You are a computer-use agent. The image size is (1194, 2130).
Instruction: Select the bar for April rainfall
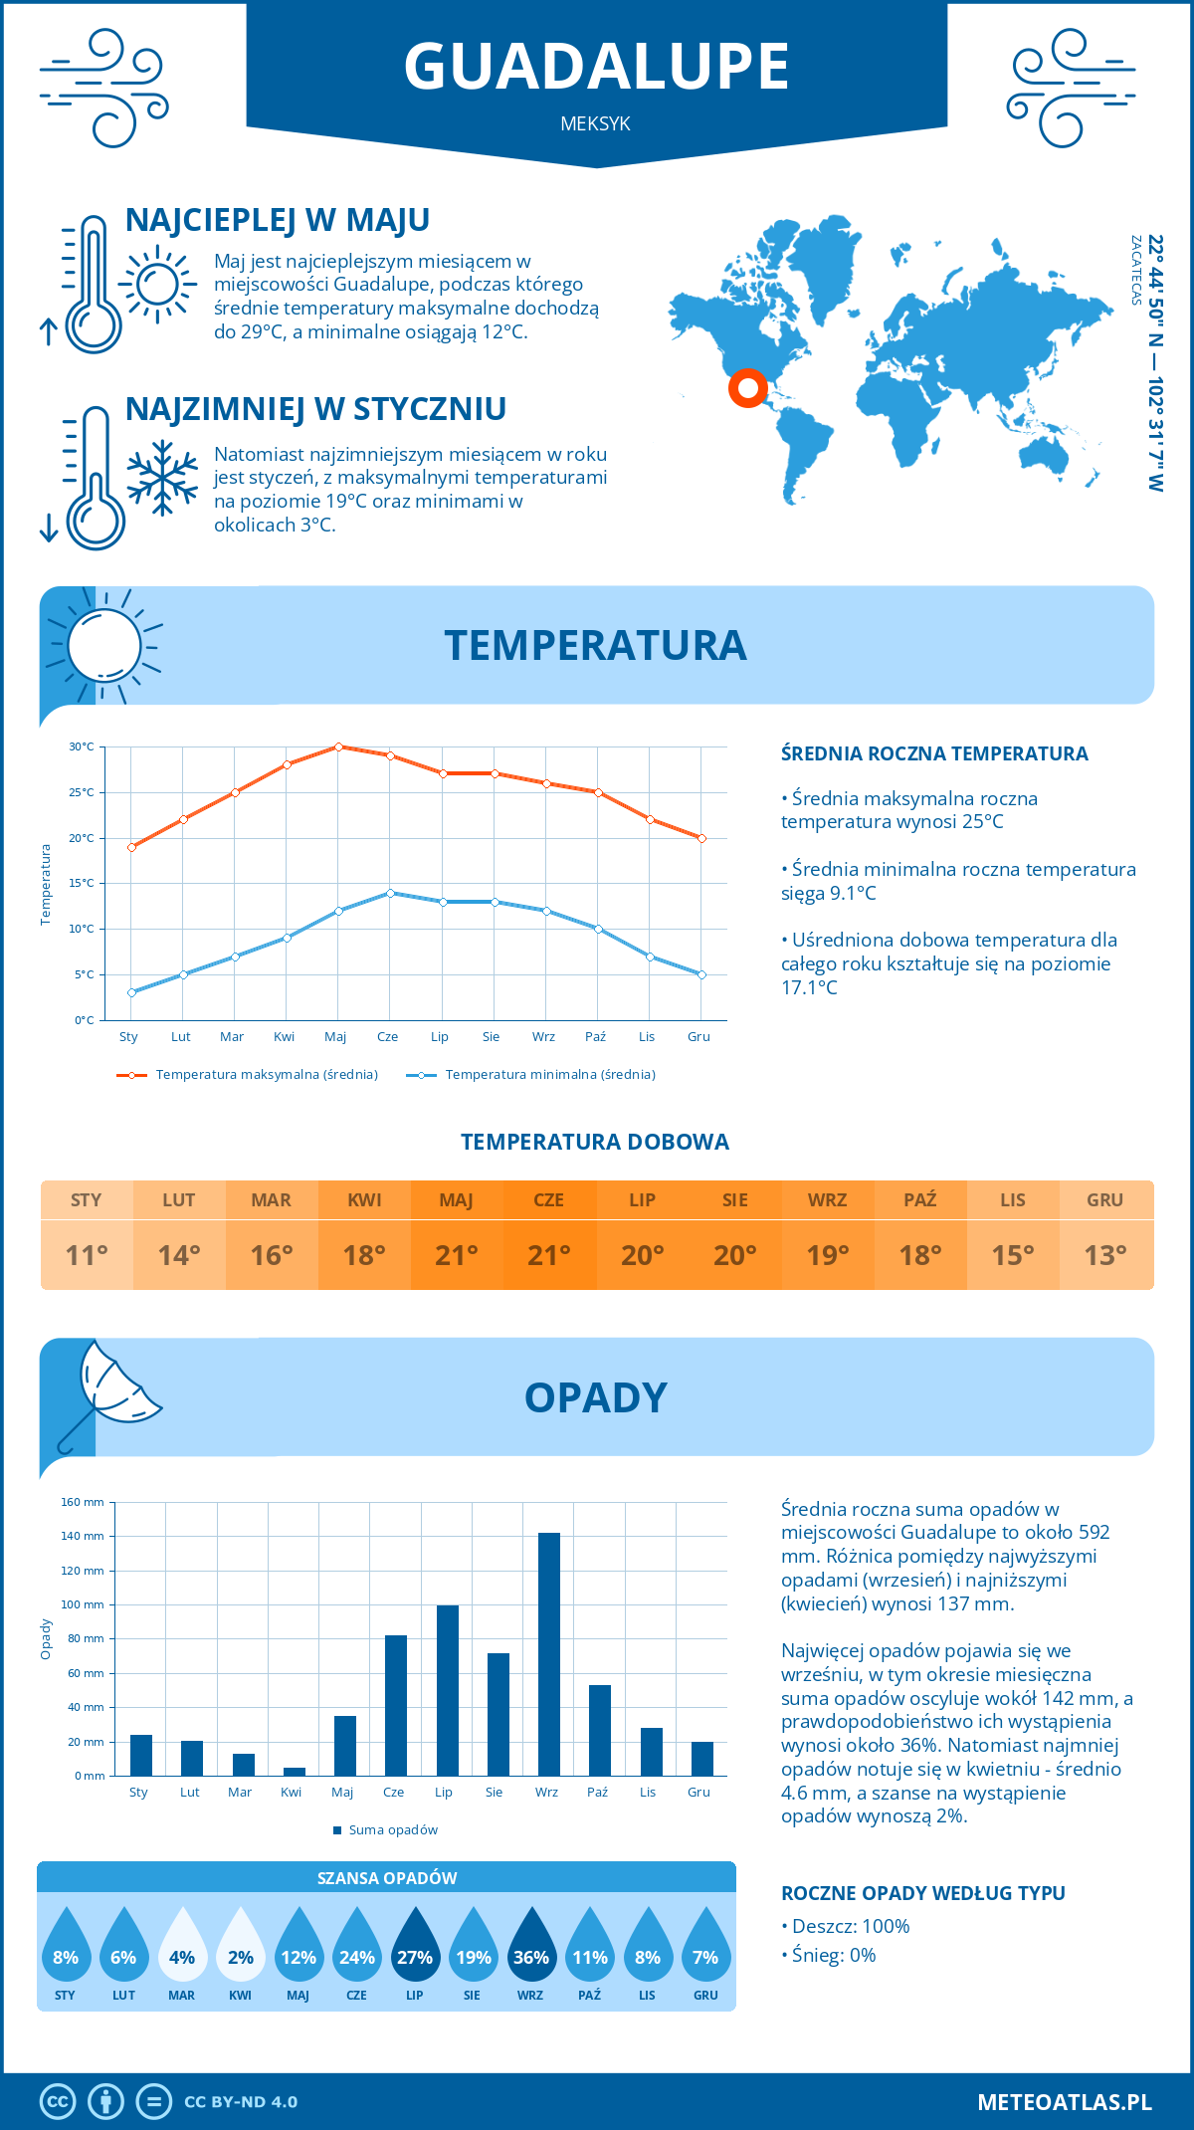click(295, 1772)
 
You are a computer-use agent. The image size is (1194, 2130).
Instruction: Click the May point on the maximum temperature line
click(338, 746)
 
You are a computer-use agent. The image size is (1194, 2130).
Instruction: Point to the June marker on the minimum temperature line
click(391, 893)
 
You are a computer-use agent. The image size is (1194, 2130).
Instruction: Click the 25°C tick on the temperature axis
click(82, 792)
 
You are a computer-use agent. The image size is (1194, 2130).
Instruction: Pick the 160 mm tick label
click(83, 1502)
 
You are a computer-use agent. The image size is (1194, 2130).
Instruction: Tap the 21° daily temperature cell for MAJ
click(457, 1255)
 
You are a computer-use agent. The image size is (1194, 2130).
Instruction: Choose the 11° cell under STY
click(87, 1255)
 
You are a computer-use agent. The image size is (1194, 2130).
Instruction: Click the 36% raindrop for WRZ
click(531, 1945)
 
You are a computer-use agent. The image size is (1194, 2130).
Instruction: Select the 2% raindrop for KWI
click(241, 1945)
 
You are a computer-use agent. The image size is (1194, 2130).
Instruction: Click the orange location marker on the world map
click(747, 387)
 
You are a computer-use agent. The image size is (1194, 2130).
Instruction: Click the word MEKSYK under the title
click(595, 123)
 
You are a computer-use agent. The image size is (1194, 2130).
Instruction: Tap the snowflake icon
click(162, 478)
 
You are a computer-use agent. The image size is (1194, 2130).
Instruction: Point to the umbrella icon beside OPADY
click(107, 1393)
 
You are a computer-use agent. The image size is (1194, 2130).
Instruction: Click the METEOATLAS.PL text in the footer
click(1065, 2102)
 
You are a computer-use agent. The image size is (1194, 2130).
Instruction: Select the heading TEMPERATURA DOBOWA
click(595, 1142)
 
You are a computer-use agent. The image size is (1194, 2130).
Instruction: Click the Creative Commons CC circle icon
click(58, 2102)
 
